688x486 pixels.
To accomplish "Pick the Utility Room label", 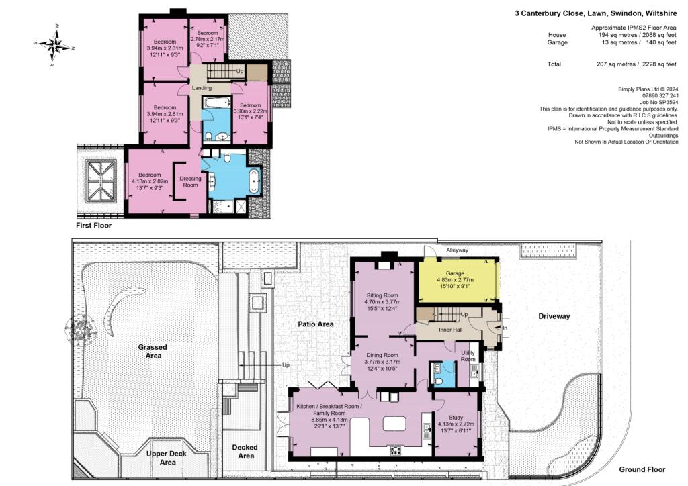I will click(468, 356).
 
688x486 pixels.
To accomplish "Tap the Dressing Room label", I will click(191, 181).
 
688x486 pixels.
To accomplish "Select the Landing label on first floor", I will click(202, 88).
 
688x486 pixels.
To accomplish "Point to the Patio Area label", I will click(316, 324).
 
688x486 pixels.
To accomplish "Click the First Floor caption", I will click(94, 226).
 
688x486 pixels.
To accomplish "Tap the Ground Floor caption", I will click(641, 469).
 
